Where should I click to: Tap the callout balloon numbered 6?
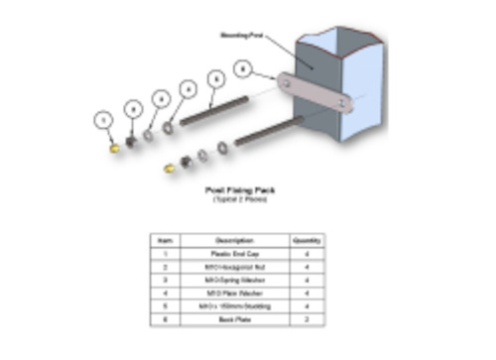(241, 67)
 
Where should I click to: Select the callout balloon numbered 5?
(214, 77)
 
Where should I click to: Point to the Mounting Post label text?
(242, 35)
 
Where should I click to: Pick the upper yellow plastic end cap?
(115, 146)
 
